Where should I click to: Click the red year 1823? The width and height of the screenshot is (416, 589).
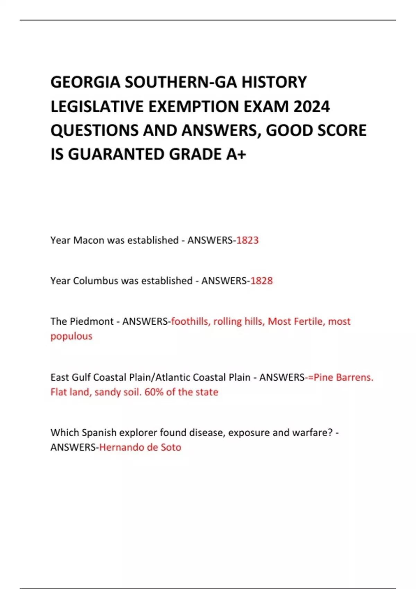coord(247,240)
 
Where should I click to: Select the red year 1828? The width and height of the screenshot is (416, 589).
coord(261,281)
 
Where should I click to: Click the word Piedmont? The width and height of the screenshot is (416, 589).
coord(92,322)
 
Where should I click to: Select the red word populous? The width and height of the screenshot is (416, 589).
coord(71,336)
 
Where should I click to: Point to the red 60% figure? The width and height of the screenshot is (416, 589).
coord(154,392)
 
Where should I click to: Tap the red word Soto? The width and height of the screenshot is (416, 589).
coord(171,447)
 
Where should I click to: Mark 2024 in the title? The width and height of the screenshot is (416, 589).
coord(311,106)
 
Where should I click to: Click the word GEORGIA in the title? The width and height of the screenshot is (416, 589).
coord(85,82)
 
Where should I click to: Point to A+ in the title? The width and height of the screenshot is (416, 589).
coord(236,154)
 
